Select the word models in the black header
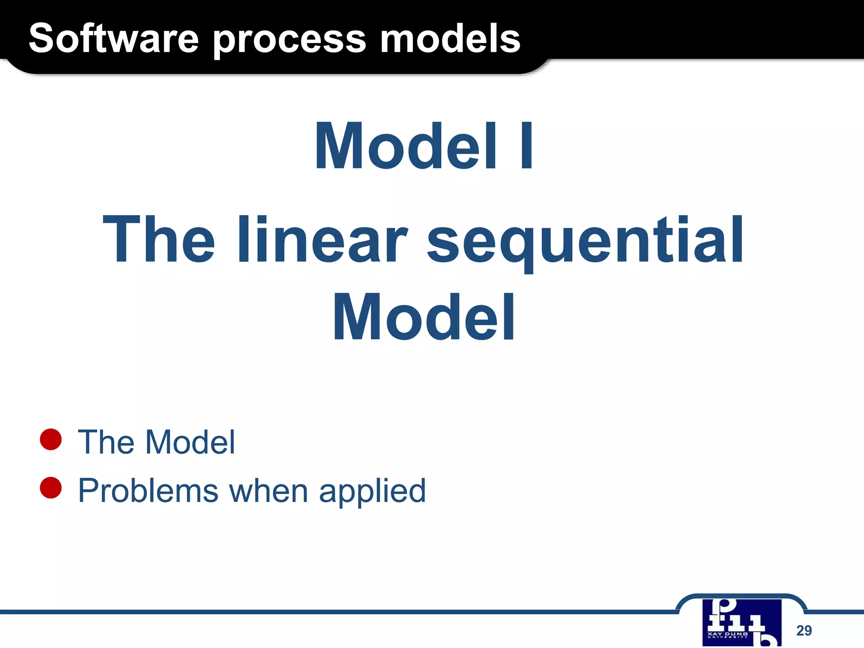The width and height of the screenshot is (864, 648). (450, 39)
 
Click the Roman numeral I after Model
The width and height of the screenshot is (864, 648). (526, 146)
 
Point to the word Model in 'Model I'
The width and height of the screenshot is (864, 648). (405, 146)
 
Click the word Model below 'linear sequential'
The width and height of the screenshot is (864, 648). (424, 317)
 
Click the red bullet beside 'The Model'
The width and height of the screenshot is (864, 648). (51, 439)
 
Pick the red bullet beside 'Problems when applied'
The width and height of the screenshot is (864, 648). (51, 488)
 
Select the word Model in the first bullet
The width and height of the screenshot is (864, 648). (190, 442)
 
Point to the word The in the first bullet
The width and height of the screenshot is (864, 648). (106, 442)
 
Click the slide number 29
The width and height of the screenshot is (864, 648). (804, 630)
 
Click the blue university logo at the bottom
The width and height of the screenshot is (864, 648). (741, 622)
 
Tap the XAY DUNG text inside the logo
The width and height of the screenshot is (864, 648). (727, 634)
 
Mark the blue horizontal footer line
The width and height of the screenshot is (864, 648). (337, 611)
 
